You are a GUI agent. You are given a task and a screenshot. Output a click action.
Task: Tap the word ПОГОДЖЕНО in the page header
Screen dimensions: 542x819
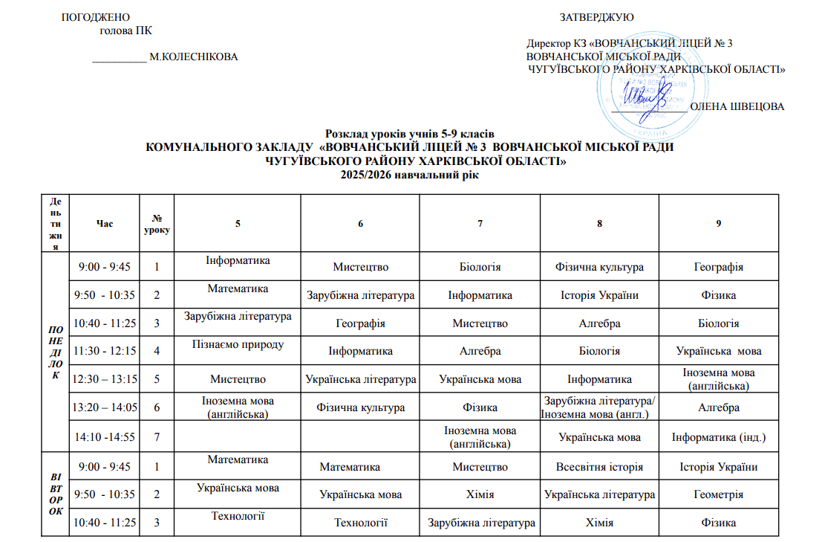94,17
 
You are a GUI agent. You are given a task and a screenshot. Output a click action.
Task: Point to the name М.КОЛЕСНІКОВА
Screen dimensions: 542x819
194,57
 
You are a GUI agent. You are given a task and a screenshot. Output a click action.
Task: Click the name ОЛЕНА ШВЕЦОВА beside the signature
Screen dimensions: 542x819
737,106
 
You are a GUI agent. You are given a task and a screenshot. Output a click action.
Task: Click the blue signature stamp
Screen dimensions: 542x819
643,94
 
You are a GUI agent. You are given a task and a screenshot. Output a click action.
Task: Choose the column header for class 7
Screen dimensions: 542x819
480,224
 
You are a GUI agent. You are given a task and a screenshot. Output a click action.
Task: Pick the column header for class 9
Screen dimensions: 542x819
718,224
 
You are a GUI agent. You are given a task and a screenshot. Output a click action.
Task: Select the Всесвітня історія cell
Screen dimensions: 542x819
599,467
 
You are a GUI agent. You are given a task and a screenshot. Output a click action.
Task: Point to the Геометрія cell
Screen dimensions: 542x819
718,494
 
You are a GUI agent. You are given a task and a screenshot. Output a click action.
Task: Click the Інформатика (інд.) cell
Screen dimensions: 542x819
718,436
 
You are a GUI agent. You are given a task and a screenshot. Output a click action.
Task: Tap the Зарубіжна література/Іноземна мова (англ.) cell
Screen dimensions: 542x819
599,407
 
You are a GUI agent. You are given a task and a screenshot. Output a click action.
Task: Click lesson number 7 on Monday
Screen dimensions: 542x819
157,436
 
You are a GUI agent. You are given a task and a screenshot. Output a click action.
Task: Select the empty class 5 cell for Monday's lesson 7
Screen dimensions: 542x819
238,436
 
